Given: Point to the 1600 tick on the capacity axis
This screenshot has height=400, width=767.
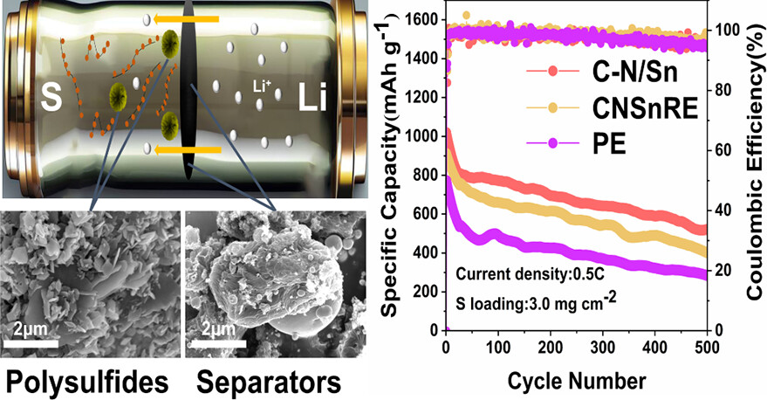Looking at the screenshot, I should (x=425, y=18).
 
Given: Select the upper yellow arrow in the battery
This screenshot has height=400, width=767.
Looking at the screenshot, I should (x=184, y=17).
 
